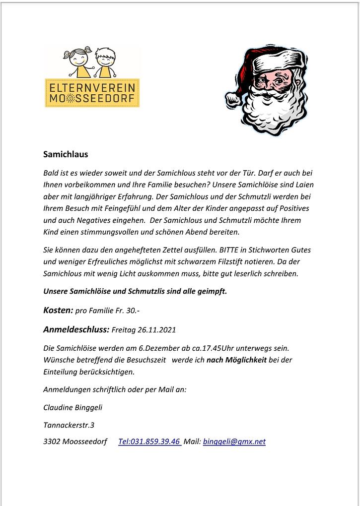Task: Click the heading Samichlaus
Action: (x=66, y=154)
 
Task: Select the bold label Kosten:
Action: (x=58, y=311)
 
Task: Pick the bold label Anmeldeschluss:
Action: (x=76, y=329)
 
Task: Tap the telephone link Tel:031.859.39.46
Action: (x=149, y=442)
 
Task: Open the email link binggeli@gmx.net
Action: (x=234, y=442)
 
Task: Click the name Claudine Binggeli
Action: (x=73, y=407)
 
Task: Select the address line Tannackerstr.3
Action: (x=69, y=425)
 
